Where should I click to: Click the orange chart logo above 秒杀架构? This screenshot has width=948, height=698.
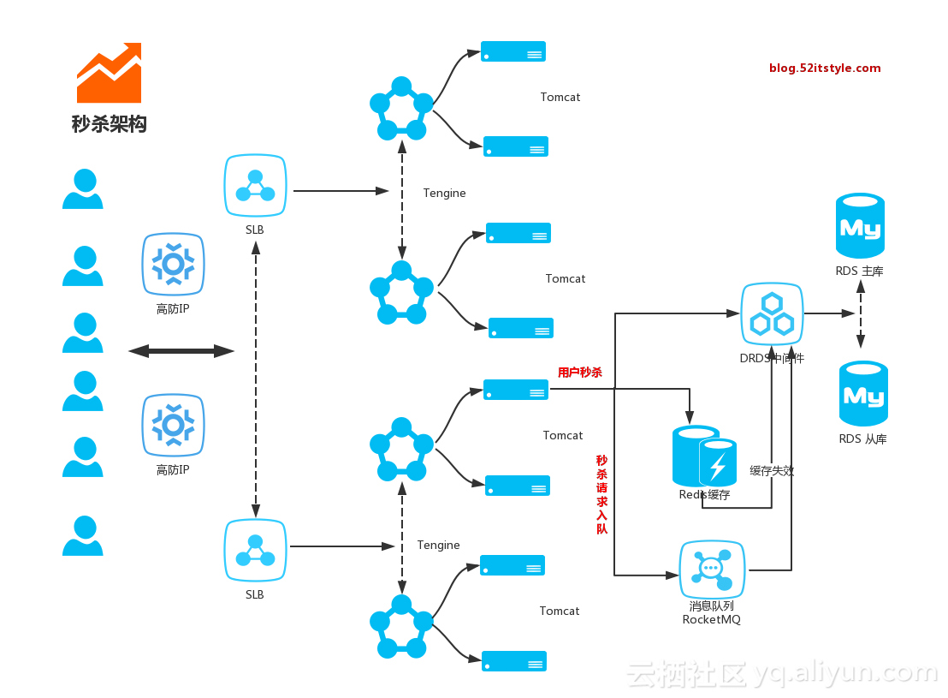(109, 73)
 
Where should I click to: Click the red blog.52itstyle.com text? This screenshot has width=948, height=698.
(825, 68)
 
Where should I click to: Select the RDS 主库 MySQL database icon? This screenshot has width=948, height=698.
(860, 225)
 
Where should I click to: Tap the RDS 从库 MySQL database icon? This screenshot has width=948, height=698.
(863, 393)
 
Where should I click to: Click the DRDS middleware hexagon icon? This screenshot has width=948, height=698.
(772, 314)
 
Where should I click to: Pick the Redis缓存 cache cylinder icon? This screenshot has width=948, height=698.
(704, 456)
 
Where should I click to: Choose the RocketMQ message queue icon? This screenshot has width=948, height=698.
(712, 569)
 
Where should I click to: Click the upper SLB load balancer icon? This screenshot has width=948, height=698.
(255, 186)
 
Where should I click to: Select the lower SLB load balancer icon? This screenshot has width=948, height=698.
(255, 551)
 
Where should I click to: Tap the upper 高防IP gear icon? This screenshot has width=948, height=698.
(173, 265)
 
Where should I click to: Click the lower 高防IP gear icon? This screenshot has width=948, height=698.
(173, 425)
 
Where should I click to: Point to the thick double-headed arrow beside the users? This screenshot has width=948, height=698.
(181, 350)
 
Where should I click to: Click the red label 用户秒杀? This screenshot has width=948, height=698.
(580, 373)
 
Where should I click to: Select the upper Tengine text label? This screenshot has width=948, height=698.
(444, 193)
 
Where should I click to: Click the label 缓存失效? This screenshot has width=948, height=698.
(772, 470)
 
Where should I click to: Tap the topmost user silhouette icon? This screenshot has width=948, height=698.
(83, 189)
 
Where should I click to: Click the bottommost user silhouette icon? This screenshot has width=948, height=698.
(83, 536)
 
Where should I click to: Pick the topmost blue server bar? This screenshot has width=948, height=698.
(513, 51)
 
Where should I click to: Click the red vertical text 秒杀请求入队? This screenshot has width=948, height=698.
(601, 494)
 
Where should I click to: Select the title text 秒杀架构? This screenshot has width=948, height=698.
(109, 124)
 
